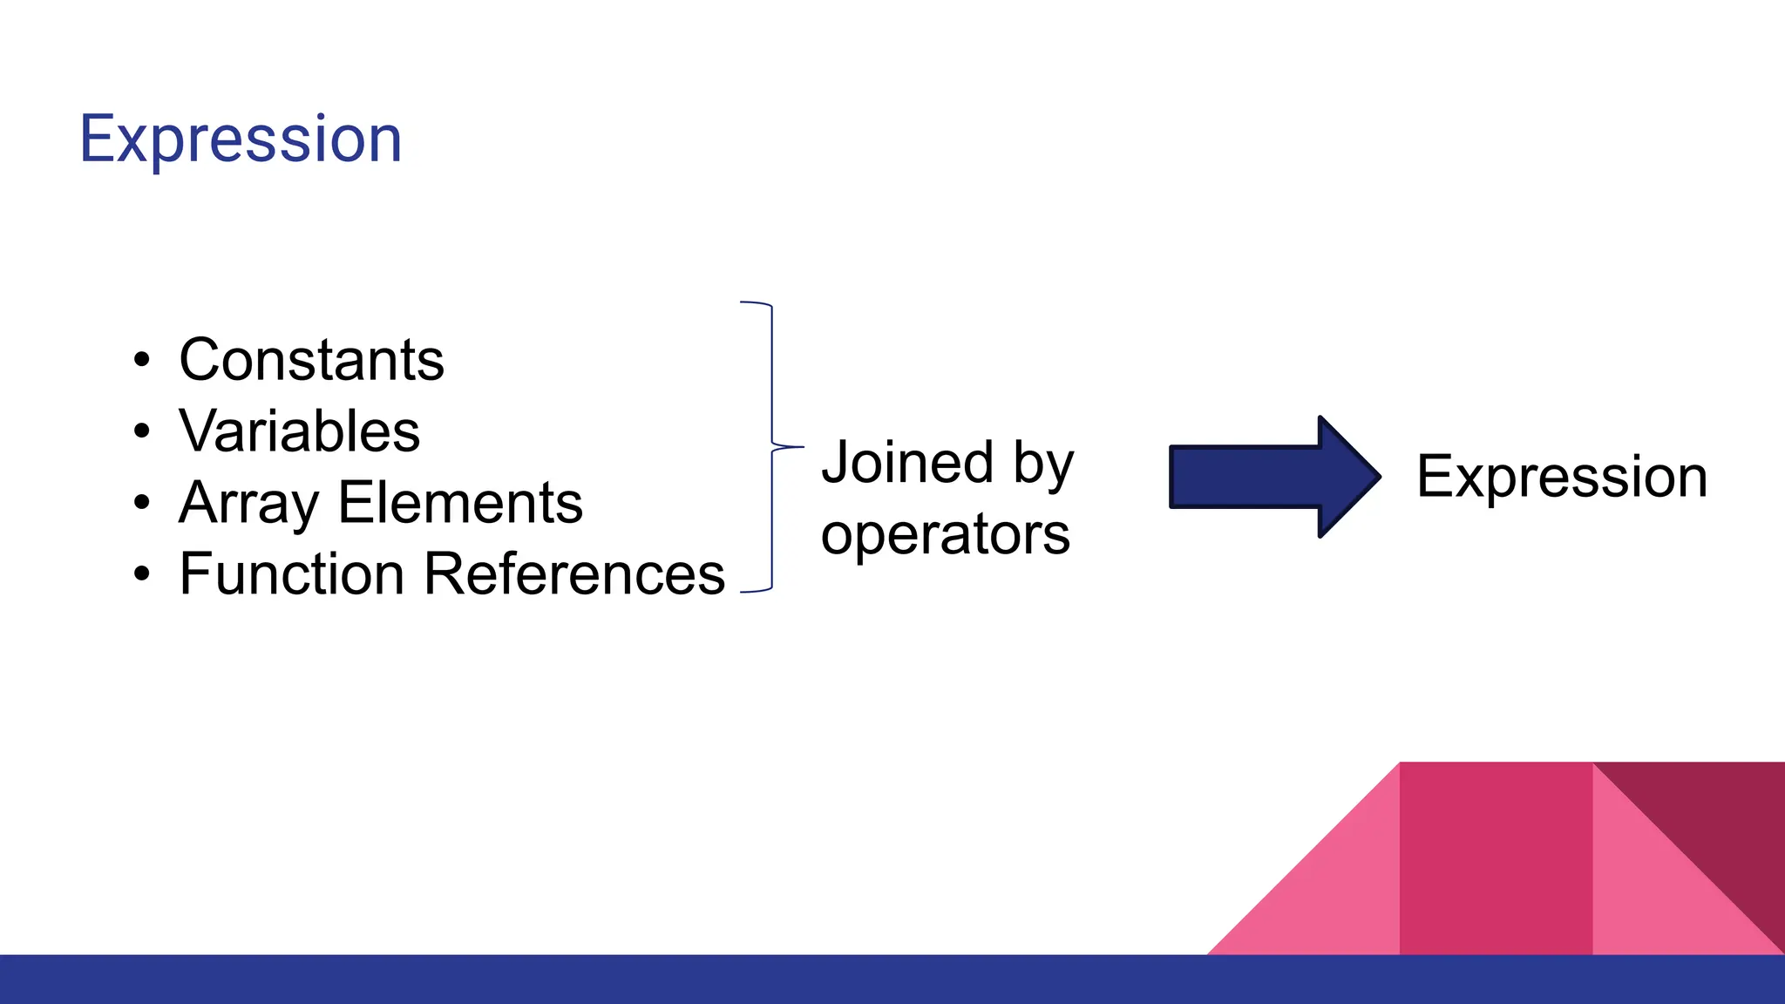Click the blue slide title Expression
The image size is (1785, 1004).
coord(241,139)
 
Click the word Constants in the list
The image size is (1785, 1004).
coord(311,360)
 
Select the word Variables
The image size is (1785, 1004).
coord(299,431)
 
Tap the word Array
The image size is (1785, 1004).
coord(248,504)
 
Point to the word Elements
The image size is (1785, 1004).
coord(460,504)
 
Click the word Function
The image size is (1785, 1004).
coord(292,574)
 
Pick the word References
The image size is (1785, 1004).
coord(574,574)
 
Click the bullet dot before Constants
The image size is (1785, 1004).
coord(142,360)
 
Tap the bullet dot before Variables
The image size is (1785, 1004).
coord(142,431)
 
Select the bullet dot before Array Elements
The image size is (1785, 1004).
coord(142,503)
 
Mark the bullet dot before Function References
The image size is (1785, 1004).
coord(142,574)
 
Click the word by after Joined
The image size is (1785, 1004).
coord(1043,465)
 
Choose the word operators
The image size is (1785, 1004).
coord(945,534)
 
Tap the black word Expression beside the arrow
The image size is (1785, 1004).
coord(1561,478)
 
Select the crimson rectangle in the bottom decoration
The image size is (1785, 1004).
coord(1495,858)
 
